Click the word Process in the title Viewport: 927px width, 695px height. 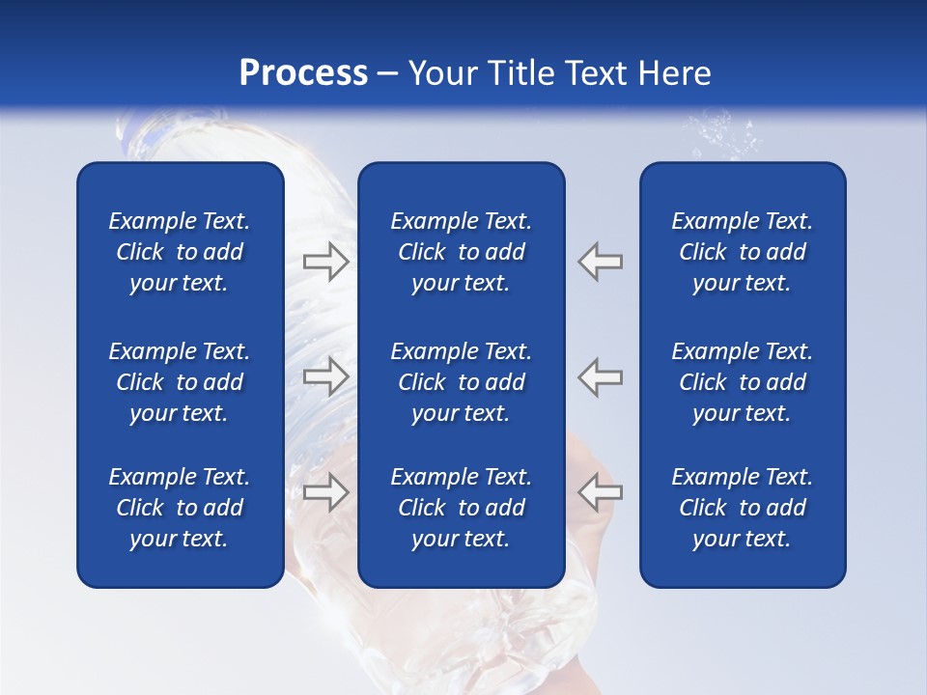(x=303, y=73)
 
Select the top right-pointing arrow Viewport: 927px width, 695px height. (x=325, y=262)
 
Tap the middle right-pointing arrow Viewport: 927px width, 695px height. (x=325, y=376)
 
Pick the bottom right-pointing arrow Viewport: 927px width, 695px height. (x=325, y=492)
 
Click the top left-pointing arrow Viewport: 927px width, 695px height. (x=601, y=262)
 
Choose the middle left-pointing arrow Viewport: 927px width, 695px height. (x=601, y=376)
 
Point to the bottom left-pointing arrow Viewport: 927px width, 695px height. (x=601, y=492)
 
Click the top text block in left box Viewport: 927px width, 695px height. (x=180, y=252)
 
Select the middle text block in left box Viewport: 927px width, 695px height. (x=180, y=382)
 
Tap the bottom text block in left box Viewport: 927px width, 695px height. (x=180, y=508)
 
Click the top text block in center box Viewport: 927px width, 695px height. (x=462, y=252)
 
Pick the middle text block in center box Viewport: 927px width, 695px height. (x=462, y=382)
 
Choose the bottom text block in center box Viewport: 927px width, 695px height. (x=462, y=508)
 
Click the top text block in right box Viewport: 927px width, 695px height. (x=743, y=252)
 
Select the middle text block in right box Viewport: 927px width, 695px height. (x=743, y=382)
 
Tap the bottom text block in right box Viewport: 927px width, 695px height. (x=743, y=508)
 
